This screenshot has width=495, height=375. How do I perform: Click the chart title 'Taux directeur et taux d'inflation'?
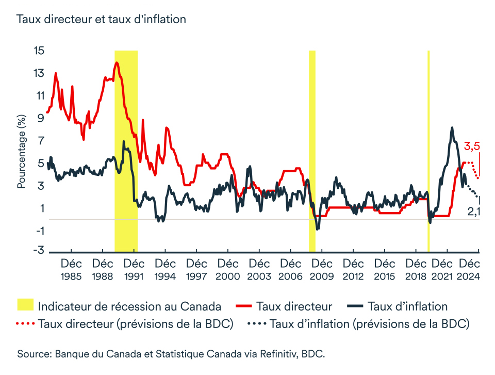[x=101, y=20]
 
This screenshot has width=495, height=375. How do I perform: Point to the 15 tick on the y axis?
[x=39, y=51]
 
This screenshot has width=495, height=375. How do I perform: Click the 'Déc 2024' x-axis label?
[x=469, y=270]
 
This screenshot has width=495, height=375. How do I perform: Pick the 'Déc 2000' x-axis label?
[x=227, y=270]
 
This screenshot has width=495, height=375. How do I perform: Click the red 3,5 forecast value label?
[x=472, y=146]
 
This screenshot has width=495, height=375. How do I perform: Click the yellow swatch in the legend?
[x=25, y=306]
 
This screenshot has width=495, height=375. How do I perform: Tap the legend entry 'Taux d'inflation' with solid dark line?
[x=407, y=306]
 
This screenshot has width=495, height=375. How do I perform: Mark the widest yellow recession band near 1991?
[x=126, y=150]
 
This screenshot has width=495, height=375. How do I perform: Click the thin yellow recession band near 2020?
[x=428, y=150]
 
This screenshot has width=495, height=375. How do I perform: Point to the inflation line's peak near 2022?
[x=452, y=127]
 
